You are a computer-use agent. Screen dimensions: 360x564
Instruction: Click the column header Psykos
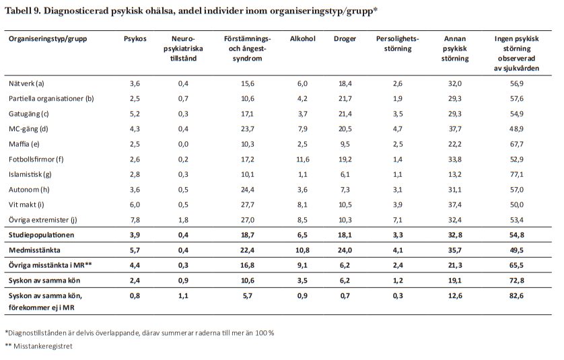[x=135, y=38]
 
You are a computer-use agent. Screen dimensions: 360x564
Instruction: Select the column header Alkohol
[x=302, y=38]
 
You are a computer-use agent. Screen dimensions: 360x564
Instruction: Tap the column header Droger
[x=345, y=38]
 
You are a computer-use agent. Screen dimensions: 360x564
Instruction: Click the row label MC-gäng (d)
[x=29, y=128]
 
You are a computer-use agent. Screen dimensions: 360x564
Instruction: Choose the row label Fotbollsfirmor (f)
[x=36, y=159]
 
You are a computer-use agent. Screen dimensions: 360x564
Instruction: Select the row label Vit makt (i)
[x=28, y=204]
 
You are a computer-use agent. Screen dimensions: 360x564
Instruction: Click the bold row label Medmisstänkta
[x=33, y=250]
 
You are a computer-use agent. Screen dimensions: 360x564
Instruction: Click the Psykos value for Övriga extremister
[x=135, y=219]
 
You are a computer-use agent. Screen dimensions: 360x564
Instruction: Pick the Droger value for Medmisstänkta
[x=345, y=250]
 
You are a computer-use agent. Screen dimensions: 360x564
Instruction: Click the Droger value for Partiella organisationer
[x=345, y=98]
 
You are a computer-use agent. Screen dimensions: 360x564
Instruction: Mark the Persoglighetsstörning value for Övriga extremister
[x=397, y=219]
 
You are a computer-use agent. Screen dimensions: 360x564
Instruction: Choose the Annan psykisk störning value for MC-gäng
[x=455, y=128]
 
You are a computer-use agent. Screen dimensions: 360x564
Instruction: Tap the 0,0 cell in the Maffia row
[x=183, y=143]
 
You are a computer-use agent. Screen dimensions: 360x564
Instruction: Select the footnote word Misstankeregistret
[x=42, y=346]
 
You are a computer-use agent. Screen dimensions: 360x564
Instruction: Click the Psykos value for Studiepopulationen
[x=135, y=235]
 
